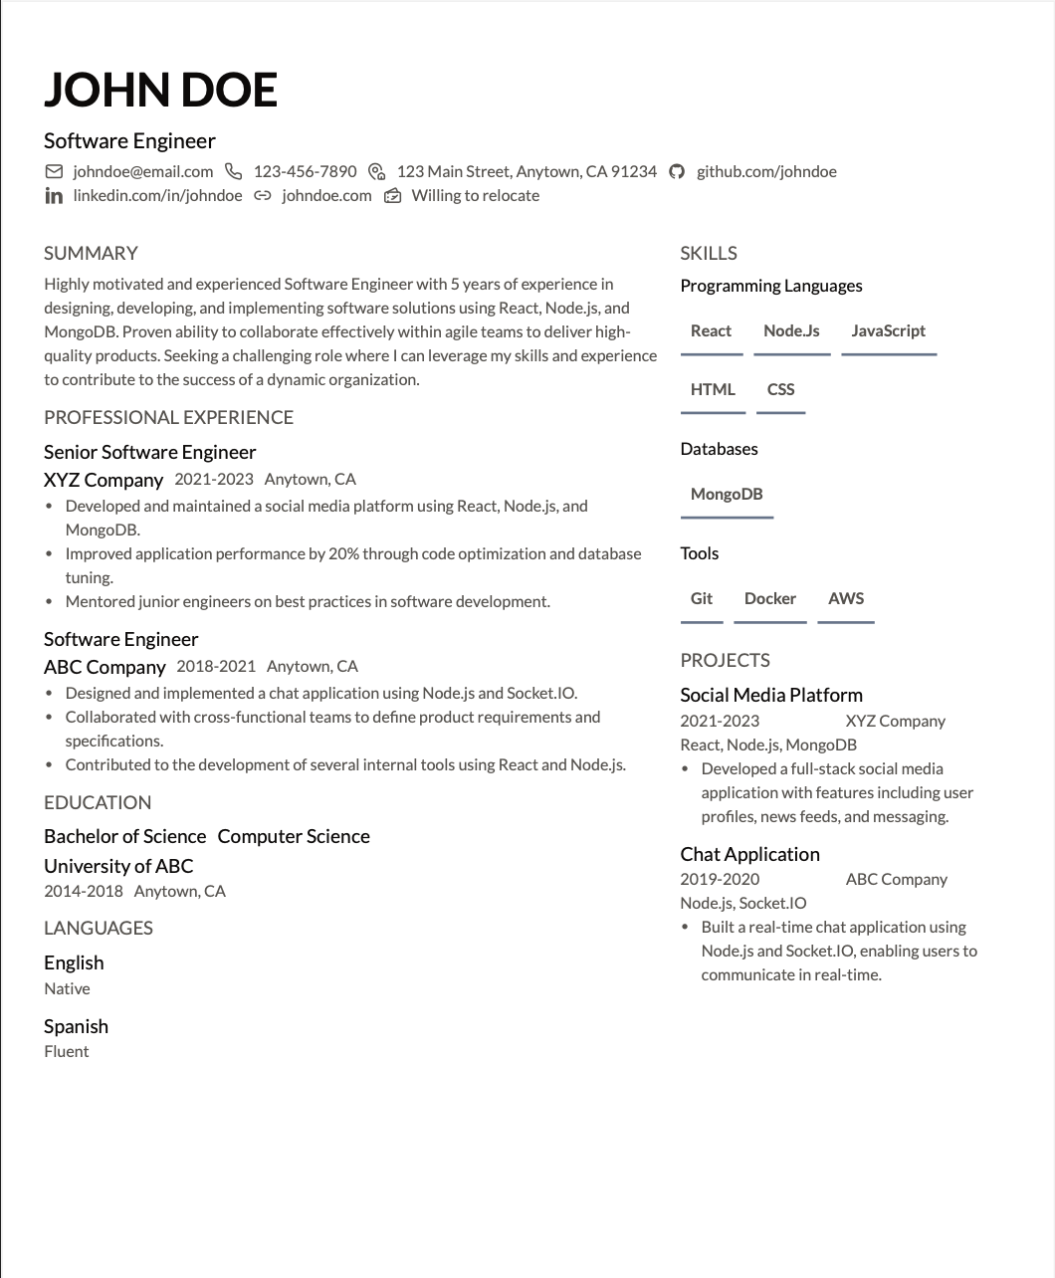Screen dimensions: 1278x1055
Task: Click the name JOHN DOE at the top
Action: coord(160,90)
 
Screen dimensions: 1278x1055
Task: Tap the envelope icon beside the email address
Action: coord(54,171)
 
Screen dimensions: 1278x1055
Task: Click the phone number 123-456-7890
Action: coord(305,171)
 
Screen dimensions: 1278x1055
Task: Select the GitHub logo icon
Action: coord(677,171)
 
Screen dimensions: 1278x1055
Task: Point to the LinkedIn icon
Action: coord(54,196)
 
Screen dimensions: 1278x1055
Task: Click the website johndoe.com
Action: coord(326,196)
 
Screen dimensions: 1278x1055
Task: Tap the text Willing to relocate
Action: coord(475,196)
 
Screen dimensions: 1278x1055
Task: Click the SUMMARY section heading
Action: coord(91,253)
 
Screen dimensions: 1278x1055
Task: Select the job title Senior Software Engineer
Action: coord(149,452)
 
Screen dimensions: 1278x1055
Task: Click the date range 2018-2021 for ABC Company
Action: coord(216,666)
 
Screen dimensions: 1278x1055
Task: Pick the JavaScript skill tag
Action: coord(888,330)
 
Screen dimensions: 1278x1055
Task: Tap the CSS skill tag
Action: coord(780,389)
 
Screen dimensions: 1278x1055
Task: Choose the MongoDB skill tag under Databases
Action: coord(727,494)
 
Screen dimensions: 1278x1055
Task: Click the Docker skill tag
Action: coord(769,598)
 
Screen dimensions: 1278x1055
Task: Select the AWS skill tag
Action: coord(846,598)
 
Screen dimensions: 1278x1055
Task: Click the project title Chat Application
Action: coord(749,854)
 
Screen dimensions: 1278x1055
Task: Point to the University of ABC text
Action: coord(118,866)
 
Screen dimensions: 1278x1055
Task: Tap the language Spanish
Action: coord(76,1026)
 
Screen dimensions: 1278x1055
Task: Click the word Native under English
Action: coord(67,988)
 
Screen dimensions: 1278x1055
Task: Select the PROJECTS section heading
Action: coord(725,660)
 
